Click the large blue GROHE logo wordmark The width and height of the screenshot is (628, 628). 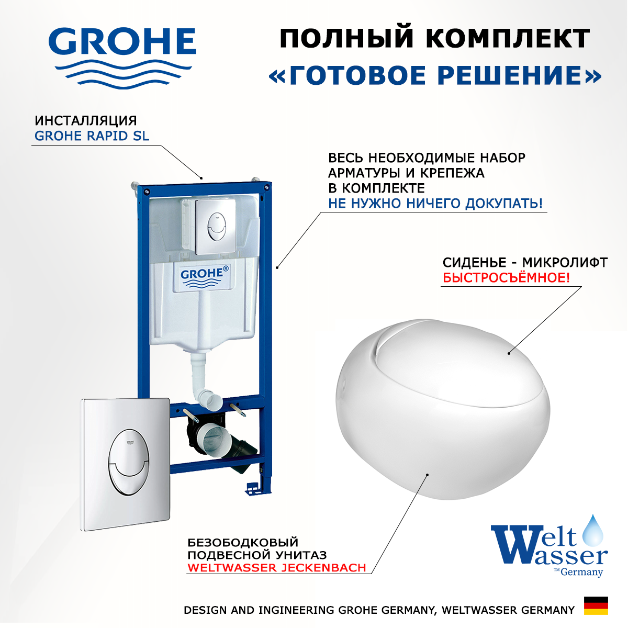coord(122,42)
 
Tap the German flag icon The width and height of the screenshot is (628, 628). coord(596,605)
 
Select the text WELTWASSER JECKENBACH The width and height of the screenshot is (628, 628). coord(277,567)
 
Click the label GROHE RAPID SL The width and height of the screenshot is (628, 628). coord(92,136)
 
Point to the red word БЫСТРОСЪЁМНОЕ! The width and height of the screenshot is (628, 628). coord(506,278)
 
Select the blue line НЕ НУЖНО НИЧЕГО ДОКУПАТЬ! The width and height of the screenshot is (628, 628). coord(435,204)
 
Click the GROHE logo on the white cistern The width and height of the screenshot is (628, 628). coord(205,276)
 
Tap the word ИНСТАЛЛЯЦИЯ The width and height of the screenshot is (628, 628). coord(86,120)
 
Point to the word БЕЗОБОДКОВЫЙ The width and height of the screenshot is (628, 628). coord(243,542)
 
